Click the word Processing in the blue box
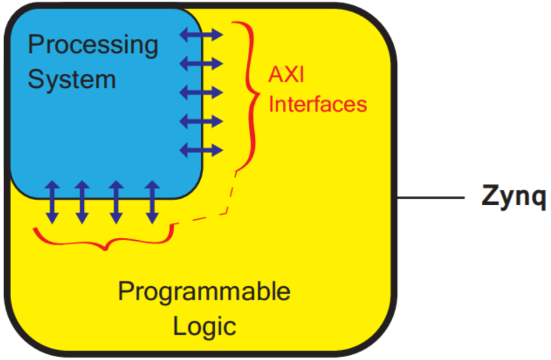coord(93,46)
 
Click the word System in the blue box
coord(71,79)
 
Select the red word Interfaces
coord(318,105)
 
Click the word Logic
coord(204,326)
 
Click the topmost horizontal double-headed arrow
coord(201,35)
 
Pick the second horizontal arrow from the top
coord(201,63)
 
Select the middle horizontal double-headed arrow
coord(201,92)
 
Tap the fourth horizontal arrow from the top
coord(201,122)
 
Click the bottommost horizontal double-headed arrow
coord(201,151)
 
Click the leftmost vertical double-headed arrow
coord(52,202)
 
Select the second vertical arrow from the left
coord(82,202)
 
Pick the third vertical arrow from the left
coord(116,202)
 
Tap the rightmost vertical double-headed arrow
coord(151,202)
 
